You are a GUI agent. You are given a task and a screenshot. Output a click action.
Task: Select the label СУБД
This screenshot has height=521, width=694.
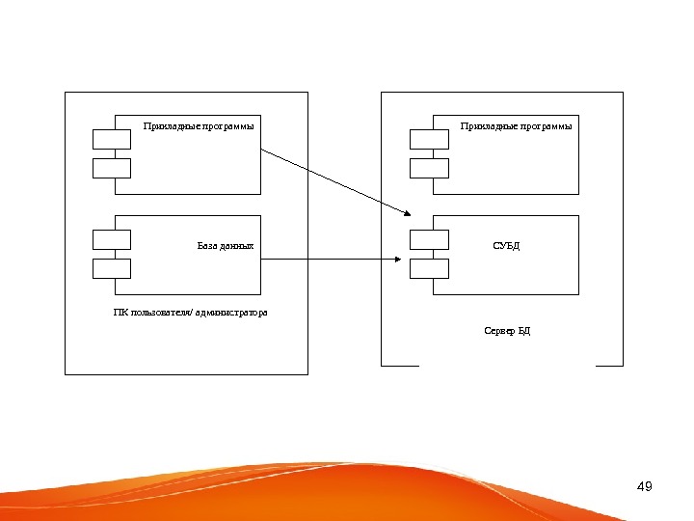pyautogui.click(x=506, y=246)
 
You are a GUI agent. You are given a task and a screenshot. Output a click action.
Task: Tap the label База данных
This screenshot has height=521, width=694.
pyautogui.click(x=226, y=246)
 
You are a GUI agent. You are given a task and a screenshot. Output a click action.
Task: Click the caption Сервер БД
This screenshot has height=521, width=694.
pyautogui.click(x=507, y=331)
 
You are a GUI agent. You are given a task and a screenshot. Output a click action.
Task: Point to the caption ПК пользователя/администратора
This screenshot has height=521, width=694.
pyautogui.click(x=190, y=313)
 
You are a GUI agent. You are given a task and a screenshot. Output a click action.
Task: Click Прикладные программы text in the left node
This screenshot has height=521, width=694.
pyautogui.click(x=200, y=125)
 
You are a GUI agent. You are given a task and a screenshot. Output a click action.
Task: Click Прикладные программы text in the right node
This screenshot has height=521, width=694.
pyautogui.click(x=516, y=125)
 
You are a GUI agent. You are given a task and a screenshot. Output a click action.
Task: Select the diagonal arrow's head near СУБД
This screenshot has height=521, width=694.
pyautogui.click(x=410, y=213)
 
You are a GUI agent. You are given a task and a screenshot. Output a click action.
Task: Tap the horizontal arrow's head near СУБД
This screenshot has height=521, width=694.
pyautogui.click(x=397, y=259)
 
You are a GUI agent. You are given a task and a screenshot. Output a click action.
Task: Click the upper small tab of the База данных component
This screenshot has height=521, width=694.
pyautogui.click(x=112, y=239)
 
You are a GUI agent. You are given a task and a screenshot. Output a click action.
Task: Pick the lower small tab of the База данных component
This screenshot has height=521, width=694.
pyautogui.click(x=112, y=268)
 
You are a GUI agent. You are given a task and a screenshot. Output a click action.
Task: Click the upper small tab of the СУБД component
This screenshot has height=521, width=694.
pyautogui.click(x=429, y=239)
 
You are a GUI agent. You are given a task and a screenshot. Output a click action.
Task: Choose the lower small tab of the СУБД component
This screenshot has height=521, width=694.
pyautogui.click(x=429, y=268)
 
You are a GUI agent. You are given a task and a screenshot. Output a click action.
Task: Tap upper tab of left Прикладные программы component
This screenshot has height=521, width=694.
pyautogui.click(x=112, y=139)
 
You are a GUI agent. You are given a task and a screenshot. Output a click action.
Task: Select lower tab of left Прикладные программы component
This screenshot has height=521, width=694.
pyautogui.click(x=112, y=169)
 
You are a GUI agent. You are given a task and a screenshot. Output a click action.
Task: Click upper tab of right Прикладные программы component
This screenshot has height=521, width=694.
pyautogui.click(x=429, y=139)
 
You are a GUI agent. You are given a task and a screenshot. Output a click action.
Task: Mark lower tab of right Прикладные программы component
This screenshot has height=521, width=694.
pyautogui.click(x=429, y=169)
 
